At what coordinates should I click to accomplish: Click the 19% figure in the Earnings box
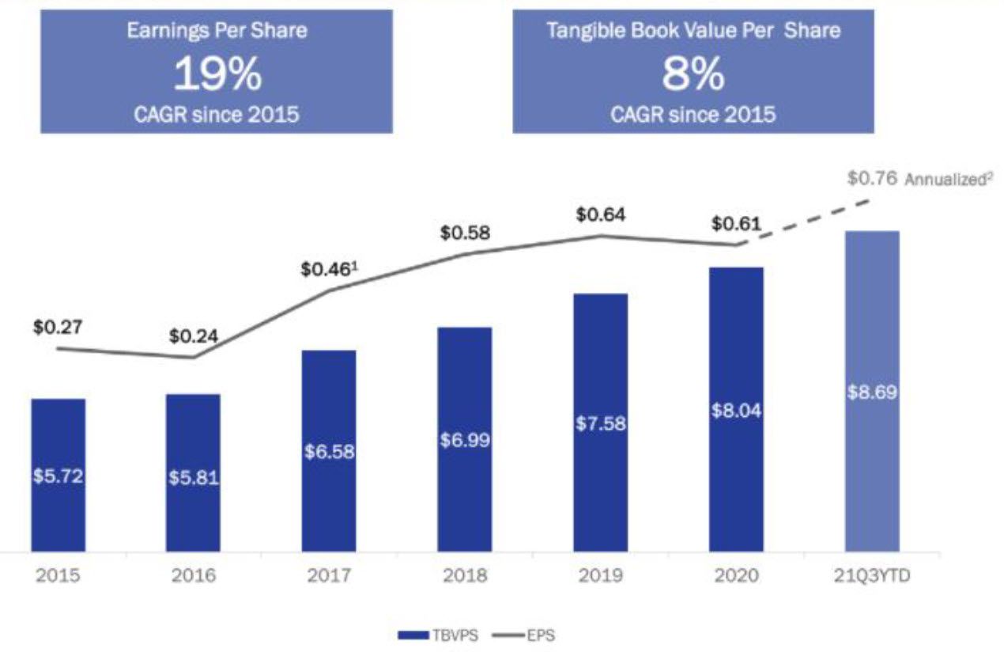tap(216, 75)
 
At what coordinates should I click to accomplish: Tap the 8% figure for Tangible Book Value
tap(693, 75)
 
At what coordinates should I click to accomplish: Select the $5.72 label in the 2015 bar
tap(59, 476)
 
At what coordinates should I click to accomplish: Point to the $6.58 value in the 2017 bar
tap(329, 452)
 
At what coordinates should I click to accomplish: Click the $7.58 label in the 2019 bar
tap(601, 423)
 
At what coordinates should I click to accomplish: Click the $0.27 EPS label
tap(58, 327)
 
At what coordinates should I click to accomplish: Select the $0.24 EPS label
tap(194, 336)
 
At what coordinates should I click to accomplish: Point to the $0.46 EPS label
tap(326, 269)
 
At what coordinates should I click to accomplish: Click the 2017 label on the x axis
tap(329, 575)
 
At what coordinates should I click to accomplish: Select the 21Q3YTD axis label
tap(872, 575)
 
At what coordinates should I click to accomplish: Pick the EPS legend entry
tap(523, 635)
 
